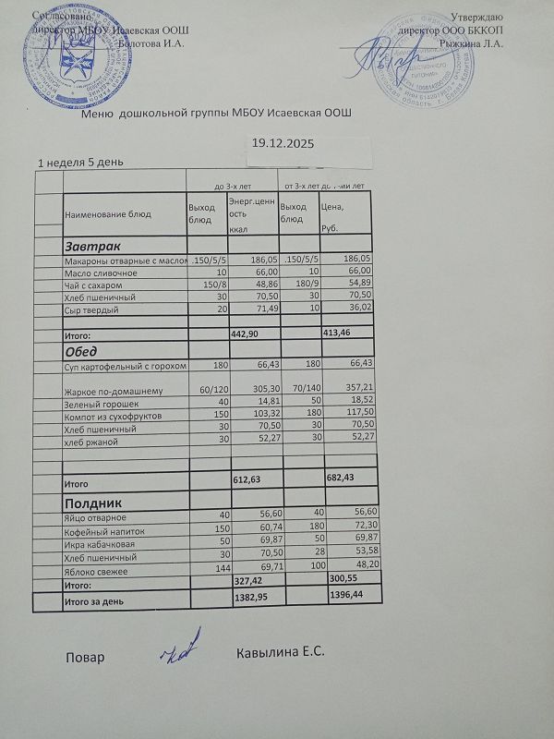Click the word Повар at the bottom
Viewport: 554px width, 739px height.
coord(84,658)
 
